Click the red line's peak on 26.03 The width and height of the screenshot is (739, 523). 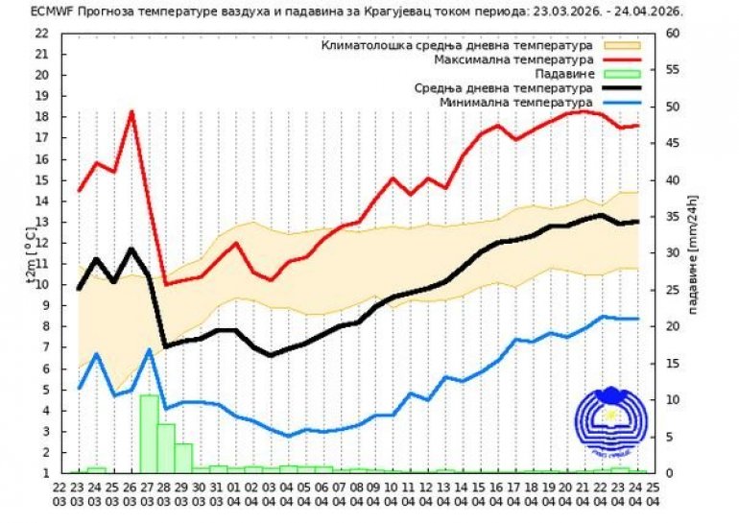(x=131, y=112)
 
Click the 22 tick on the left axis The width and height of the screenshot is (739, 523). (x=41, y=33)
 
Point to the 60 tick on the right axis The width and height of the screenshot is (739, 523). (x=672, y=33)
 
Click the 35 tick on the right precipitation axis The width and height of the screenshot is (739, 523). (x=672, y=216)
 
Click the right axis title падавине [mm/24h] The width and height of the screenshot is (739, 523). (x=693, y=254)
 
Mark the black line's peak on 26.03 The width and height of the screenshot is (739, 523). (x=131, y=249)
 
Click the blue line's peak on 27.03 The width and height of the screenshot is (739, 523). (x=150, y=349)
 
